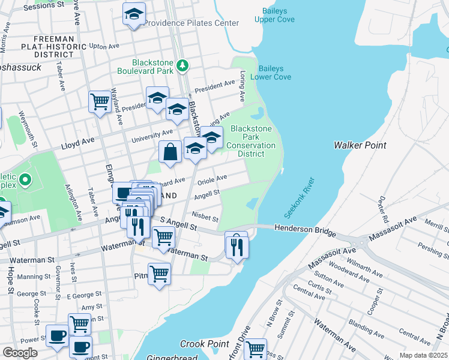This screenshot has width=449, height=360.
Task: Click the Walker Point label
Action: point(360,145)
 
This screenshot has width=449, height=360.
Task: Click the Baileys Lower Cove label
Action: point(274,73)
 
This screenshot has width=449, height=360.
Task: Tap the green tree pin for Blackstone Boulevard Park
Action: point(184,67)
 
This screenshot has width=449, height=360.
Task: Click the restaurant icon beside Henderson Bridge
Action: point(237,245)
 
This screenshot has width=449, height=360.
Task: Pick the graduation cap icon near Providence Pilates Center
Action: point(134,13)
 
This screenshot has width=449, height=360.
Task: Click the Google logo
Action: point(20,352)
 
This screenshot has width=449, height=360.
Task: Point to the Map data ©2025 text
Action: point(423,355)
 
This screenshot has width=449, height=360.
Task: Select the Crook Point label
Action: point(205,344)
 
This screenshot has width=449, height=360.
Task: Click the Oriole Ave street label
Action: point(212,179)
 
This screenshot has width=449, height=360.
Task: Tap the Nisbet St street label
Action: point(205,217)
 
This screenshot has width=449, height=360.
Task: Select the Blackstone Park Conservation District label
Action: point(251,141)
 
